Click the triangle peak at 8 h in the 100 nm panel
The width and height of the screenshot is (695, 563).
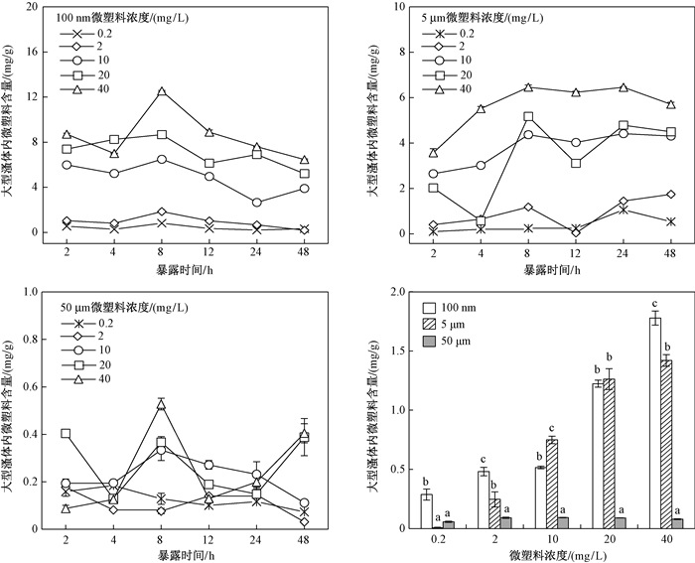coord(160,91)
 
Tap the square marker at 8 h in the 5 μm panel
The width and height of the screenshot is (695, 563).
coord(528,116)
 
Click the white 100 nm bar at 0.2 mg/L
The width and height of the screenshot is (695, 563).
coord(426,510)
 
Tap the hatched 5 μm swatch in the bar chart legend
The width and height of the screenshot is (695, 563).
coord(430,325)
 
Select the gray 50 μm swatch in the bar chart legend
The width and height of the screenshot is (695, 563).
coord(430,342)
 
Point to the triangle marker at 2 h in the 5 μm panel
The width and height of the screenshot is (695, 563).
coord(434,153)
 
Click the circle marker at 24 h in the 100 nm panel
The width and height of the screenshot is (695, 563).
coord(256,202)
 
